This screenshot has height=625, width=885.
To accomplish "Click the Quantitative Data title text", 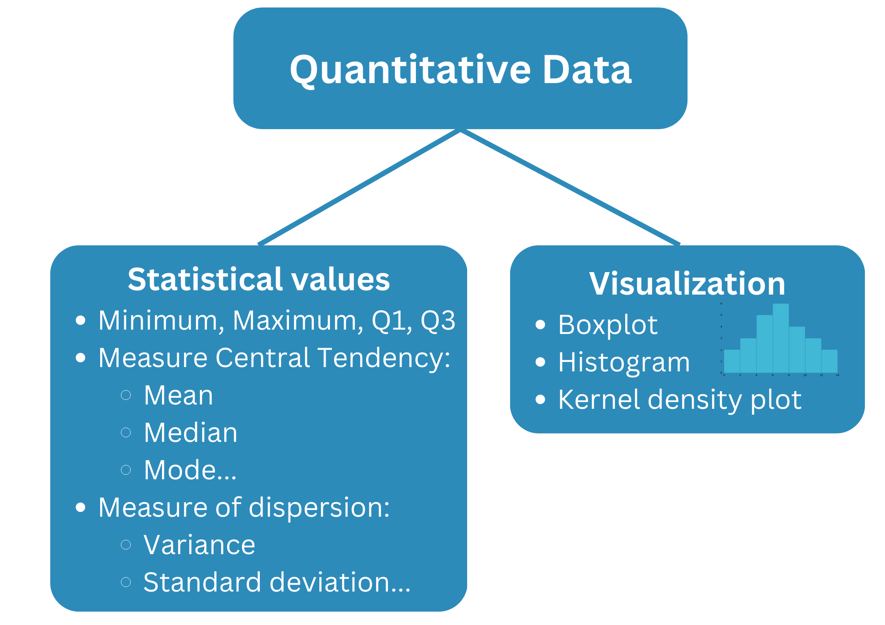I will point(460,70).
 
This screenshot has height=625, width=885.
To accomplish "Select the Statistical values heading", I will point(259,279).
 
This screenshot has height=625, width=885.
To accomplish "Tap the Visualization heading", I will point(687,283).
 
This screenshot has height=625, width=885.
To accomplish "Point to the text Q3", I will point(438,321).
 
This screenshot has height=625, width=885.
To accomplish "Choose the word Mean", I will point(178,395).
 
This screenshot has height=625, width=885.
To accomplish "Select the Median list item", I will point(190,433).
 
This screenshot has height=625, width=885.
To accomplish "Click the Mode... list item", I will point(190,470).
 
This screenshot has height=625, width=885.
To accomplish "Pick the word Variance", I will point(199,545).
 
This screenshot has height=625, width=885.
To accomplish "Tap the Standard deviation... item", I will point(277,582).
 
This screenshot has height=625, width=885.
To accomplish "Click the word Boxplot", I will point(608,325).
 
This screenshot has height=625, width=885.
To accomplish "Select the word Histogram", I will point(624,362).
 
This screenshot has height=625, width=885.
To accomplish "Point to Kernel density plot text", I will point(680,400).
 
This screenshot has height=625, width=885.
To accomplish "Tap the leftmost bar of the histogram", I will point(732,361).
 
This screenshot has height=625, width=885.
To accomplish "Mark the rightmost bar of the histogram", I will point(829,361).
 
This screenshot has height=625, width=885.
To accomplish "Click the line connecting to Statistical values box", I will point(359,187).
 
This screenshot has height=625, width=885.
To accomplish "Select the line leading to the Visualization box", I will point(570,187).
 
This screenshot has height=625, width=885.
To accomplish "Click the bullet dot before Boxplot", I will point(540,325).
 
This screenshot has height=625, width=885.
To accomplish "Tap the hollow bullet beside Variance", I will point(126,545).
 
